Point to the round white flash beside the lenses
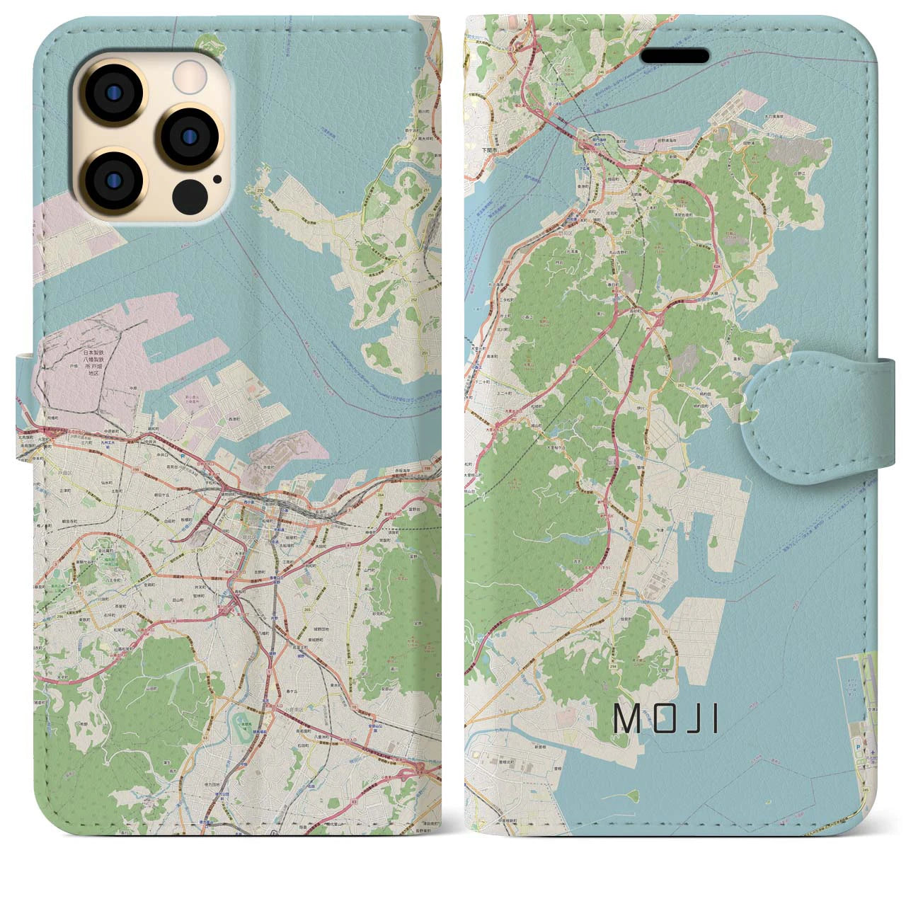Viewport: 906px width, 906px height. coord(189,74)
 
